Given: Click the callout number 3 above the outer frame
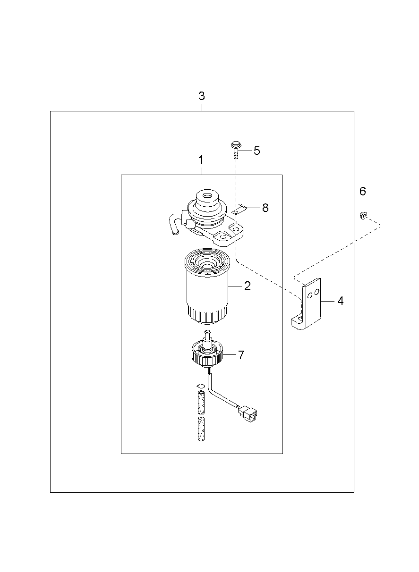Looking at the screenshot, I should coord(202,96).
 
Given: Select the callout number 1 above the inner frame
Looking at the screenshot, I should coord(201,160).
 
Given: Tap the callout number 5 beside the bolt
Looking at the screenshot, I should coord(257,151).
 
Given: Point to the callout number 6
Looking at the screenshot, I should coord(363,191).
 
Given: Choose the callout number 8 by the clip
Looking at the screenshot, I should coord(265,208).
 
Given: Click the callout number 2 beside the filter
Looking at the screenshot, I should coord(247,286).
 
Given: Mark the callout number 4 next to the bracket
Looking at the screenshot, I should coord(340,301).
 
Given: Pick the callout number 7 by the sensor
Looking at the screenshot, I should coord(241,355).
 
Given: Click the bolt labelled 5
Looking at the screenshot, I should coord(235,150).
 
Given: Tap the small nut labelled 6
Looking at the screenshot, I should coord(363,216).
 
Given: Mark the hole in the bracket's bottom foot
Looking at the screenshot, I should coord(299,320).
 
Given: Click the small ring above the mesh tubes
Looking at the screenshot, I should coord(200,387).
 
